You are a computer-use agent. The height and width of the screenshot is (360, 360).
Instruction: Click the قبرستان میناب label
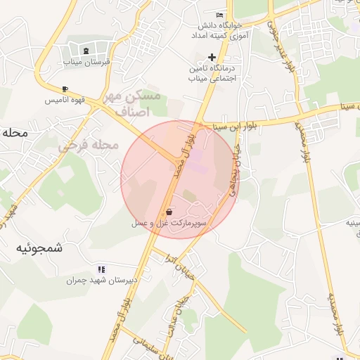pos(88,62)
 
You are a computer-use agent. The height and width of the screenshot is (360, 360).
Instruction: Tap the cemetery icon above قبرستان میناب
pos(86,51)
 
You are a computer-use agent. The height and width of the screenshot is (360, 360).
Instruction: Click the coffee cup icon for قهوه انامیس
pos(65,89)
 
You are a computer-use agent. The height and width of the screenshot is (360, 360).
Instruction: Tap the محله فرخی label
pos(89,146)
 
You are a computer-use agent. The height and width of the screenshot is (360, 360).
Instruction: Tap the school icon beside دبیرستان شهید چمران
pos(101,269)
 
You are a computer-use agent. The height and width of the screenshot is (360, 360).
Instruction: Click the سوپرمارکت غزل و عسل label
pos(169,222)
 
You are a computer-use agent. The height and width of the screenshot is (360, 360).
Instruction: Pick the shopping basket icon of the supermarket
pos(169,211)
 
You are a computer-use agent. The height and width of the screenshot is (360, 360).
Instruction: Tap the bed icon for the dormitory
pos(220,15)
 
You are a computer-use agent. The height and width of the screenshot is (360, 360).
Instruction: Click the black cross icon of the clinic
pos(212,58)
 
